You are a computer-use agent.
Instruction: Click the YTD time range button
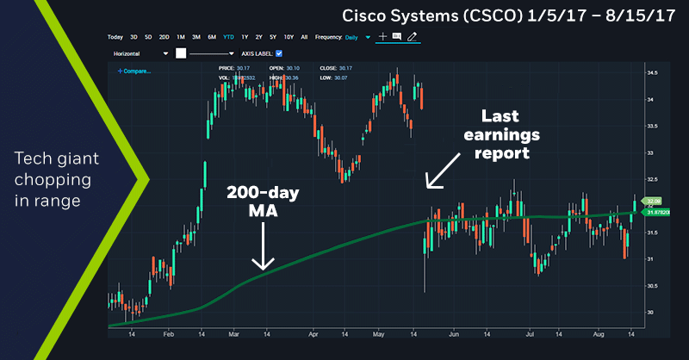tap(228, 37)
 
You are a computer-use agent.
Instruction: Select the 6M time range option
tap(212, 37)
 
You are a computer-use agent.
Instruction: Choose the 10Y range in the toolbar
tap(289, 37)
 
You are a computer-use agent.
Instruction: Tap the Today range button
tap(115, 37)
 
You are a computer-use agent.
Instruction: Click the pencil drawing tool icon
tap(413, 37)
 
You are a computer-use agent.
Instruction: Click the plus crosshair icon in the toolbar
tap(382, 37)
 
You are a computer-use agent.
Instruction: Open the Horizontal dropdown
tap(141, 53)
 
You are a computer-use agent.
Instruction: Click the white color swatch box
tap(181, 53)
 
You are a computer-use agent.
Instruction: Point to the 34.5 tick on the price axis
tap(652, 73)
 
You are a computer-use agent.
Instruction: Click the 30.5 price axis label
tap(652, 286)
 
